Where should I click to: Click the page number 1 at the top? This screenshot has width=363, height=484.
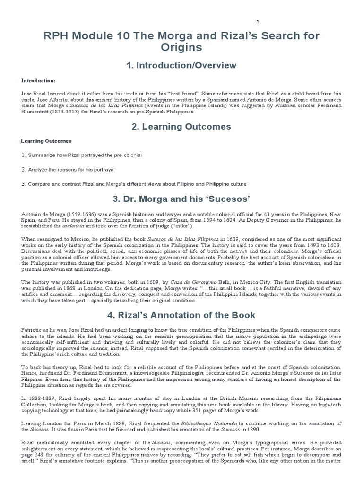[x=258, y=22]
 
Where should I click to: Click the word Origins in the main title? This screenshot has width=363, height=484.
[x=181, y=47]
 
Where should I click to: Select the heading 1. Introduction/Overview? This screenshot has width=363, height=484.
[x=181, y=65]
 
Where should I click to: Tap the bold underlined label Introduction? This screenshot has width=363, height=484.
[x=38, y=81]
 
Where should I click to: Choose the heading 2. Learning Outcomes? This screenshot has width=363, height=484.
[x=181, y=127]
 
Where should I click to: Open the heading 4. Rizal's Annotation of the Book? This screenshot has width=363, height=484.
[x=181, y=315]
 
